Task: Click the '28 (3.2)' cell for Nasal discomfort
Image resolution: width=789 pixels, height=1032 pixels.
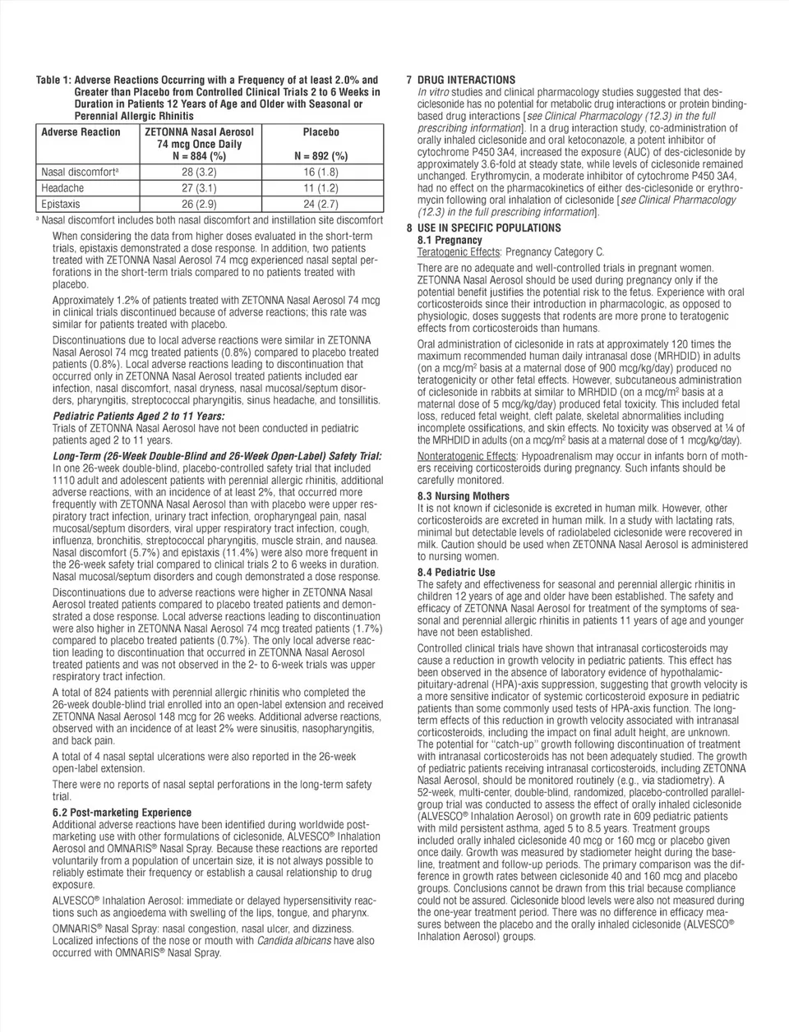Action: [199, 173]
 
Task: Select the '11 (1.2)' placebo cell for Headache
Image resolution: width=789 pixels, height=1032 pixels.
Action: [321, 188]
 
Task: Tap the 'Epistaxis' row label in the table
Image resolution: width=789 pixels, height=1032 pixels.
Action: [62, 204]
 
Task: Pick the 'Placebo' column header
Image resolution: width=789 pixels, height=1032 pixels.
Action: [321, 131]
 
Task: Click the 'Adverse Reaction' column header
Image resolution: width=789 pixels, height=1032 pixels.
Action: [81, 131]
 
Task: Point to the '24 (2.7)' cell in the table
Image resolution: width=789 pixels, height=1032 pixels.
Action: [321, 204]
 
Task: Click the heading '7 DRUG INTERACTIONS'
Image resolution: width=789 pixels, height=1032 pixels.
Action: [460, 80]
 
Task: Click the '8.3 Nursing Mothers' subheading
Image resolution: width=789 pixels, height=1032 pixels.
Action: [464, 496]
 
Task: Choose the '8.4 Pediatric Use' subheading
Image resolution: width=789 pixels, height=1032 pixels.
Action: [456, 572]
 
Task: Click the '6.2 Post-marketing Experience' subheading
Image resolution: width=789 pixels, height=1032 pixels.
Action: [122, 813]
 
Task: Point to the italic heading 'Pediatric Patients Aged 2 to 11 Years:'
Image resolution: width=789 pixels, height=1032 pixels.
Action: [138, 417]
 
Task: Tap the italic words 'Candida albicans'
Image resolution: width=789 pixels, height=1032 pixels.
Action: [293, 941]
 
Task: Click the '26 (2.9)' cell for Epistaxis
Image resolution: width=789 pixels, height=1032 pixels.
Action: [199, 204]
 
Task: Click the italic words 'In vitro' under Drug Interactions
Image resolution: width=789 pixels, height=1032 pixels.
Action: [433, 92]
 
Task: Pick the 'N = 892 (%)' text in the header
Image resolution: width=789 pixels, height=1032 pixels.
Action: [321, 156]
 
